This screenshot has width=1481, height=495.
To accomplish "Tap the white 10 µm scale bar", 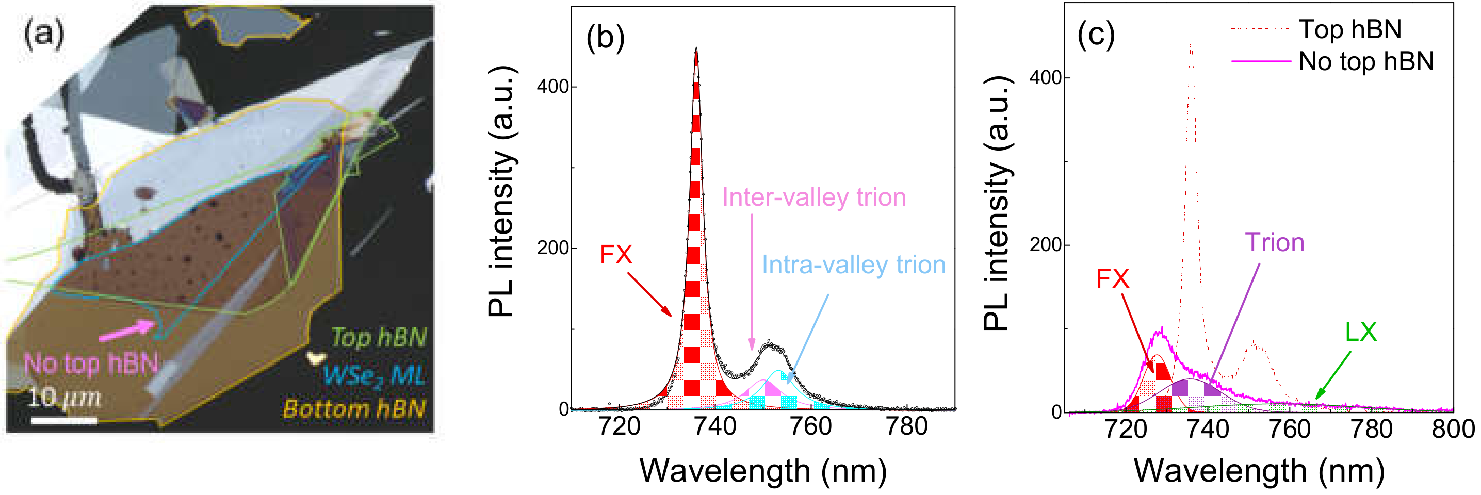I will point(63,421).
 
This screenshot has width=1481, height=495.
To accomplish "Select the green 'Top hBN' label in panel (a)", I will point(378,337).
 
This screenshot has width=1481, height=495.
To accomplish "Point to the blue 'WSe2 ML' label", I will point(373,375).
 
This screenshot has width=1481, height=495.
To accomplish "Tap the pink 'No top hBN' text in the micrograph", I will point(90,364).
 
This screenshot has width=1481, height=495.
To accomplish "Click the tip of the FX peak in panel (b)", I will point(696,49).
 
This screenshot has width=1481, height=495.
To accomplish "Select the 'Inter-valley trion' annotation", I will point(813,197).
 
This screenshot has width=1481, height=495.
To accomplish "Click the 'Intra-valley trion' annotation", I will point(853,265).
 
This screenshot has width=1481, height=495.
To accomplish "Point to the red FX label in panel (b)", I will point(616,254).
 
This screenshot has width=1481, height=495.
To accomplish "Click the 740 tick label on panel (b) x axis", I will point(714,426).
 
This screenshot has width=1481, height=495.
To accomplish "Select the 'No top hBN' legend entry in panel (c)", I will point(1365,61).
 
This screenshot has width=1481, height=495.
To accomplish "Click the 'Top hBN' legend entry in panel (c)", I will point(1349,29).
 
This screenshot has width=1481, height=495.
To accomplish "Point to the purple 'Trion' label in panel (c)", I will point(1274,243).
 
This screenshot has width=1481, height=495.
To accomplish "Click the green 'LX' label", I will point(1360,332).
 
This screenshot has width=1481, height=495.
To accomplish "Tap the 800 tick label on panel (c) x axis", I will point(1453,430).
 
